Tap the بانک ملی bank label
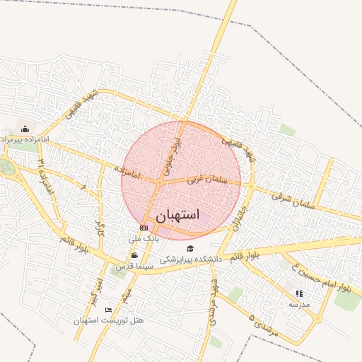point(144,239)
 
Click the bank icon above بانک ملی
point(144,228)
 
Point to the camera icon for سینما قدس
point(134,255)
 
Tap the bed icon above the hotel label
point(108,310)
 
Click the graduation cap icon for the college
point(189,248)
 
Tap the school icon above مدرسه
point(299,293)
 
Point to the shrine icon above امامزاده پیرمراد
point(25,129)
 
